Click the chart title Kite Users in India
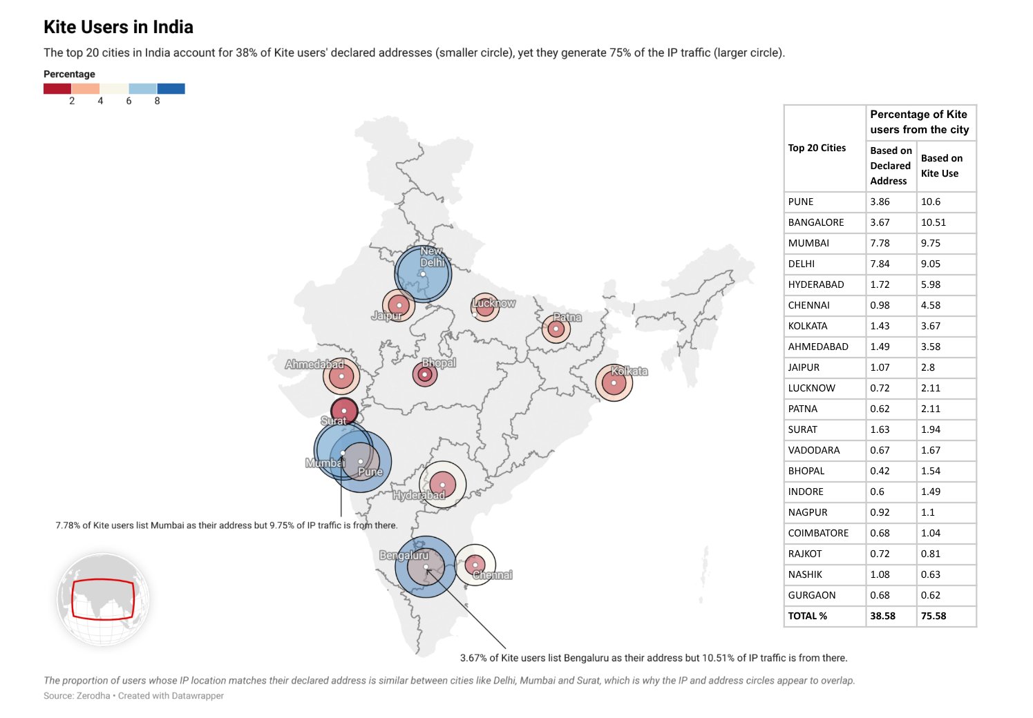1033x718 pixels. pos(118,27)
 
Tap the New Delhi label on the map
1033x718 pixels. pos(432,257)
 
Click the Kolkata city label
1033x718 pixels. pos(629,371)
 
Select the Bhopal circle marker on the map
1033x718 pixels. pos(425,374)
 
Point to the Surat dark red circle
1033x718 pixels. pos(344,411)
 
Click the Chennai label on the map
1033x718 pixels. pos(493,575)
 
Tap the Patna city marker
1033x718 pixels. pos(556,329)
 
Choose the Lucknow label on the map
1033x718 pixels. pos(494,303)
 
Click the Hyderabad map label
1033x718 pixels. pos(419,495)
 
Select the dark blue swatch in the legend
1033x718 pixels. pos(171,88)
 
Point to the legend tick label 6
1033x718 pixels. pos(129,101)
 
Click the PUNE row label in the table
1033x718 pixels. pos(801,202)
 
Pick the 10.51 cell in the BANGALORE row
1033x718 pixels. pos(934,222)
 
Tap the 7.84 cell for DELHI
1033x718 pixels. pos(880,264)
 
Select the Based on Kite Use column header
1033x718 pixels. pos(941,166)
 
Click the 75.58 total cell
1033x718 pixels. pos(934,616)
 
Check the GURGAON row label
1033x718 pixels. pos(812,595)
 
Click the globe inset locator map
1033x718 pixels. pos(103,599)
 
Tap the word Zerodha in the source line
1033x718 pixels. pos(93,696)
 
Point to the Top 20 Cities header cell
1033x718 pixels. pos(817,148)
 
